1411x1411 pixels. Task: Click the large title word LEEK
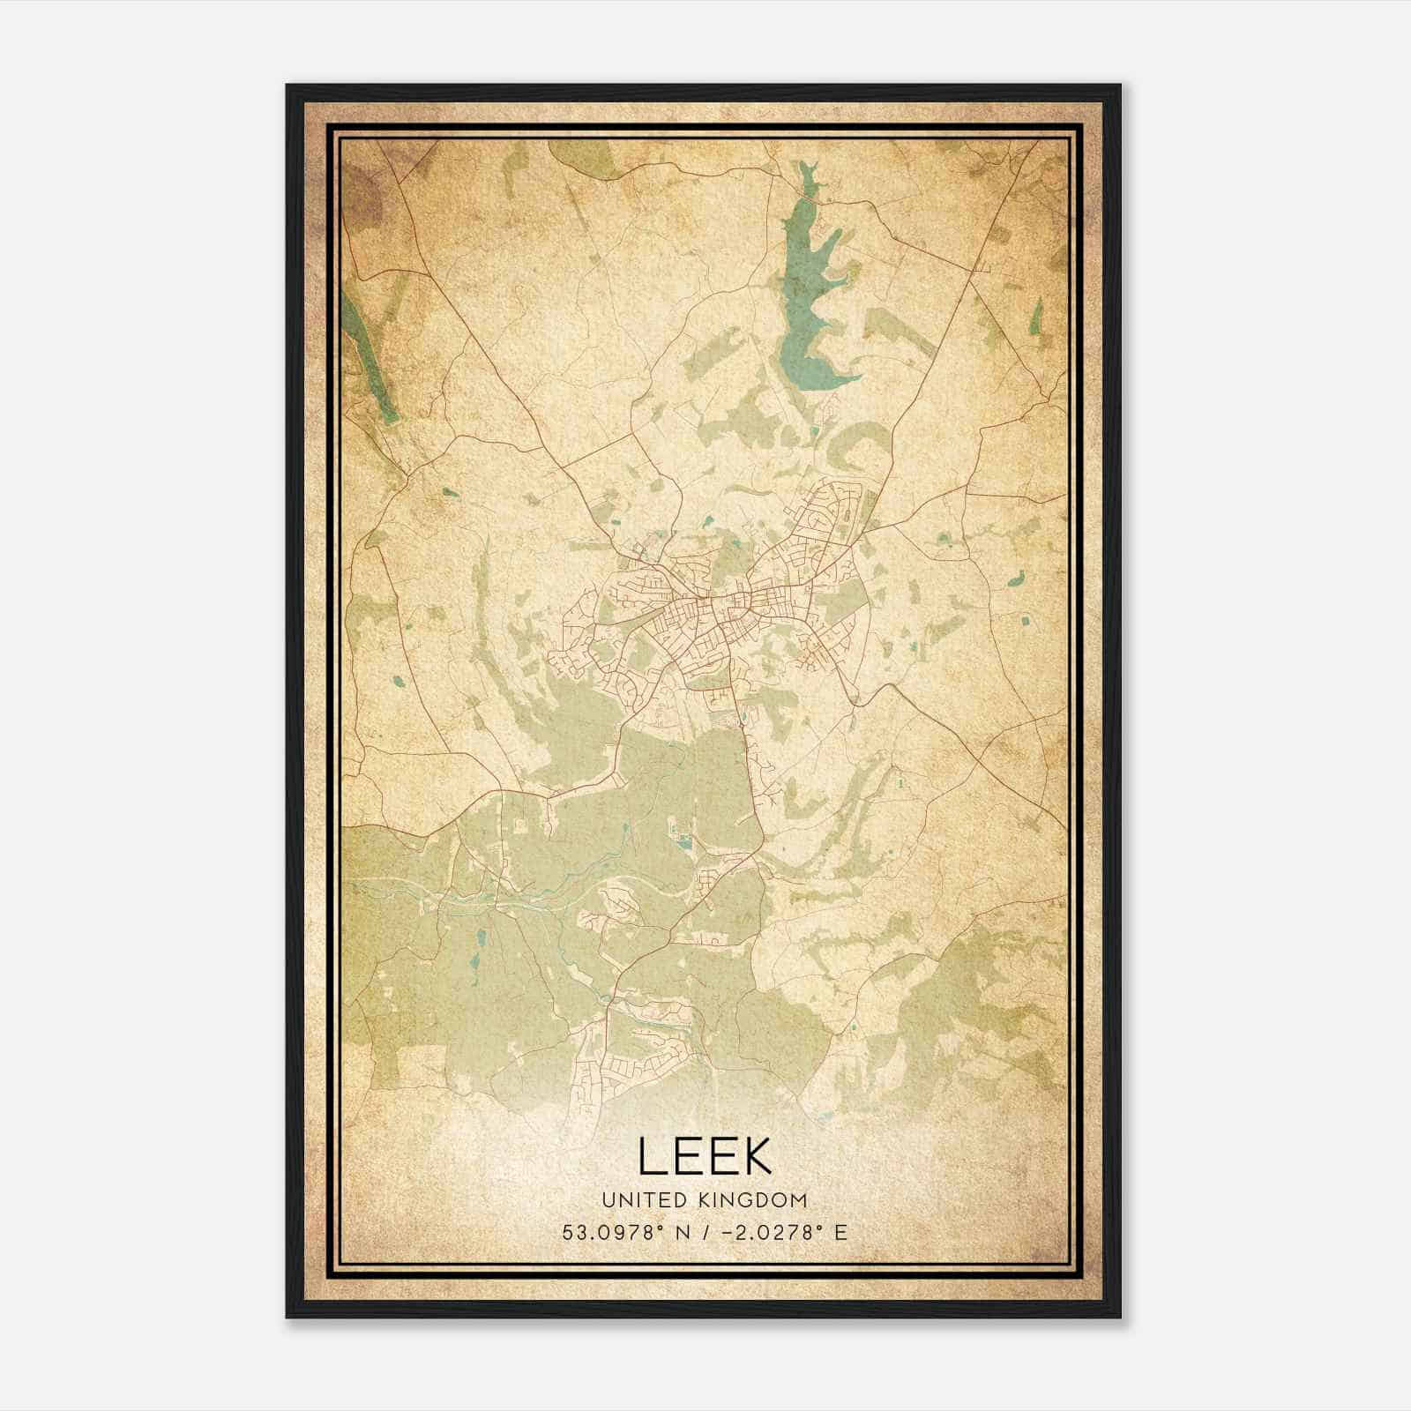(705, 1156)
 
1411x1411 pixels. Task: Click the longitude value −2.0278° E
(783, 1233)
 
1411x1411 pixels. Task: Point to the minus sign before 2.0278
(727, 1233)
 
